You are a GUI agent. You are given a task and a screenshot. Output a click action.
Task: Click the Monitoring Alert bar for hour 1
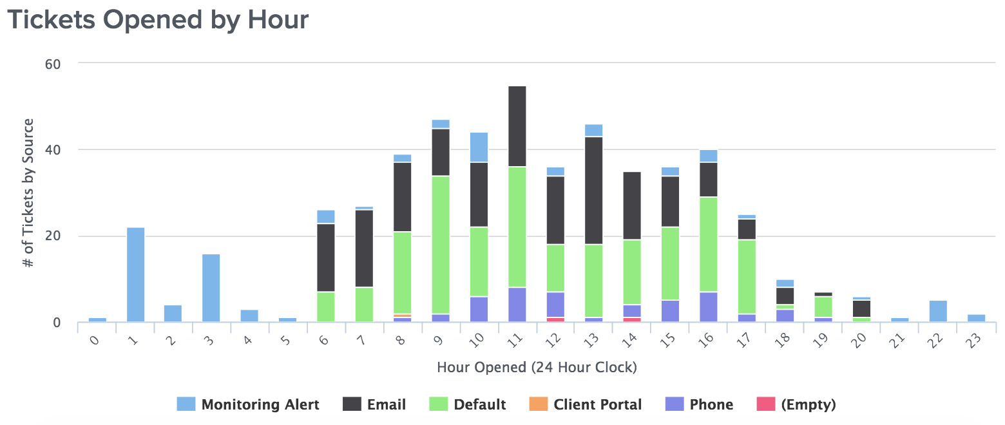(135, 274)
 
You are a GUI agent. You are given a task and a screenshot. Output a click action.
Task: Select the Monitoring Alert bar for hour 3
(211, 288)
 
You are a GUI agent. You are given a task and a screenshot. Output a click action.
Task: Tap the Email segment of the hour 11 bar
(517, 126)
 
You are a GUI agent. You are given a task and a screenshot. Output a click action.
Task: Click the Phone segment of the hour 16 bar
(709, 307)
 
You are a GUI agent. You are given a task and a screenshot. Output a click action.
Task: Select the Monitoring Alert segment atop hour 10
(479, 147)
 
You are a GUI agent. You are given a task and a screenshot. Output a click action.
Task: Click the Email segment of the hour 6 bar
(326, 258)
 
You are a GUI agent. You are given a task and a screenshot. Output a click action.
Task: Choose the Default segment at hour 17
(747, 277)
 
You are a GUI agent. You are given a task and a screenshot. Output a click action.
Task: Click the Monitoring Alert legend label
(260, 404)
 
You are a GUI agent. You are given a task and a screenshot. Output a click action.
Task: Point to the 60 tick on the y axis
(53, 64)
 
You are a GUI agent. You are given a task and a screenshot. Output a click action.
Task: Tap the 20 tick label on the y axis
(53, 236)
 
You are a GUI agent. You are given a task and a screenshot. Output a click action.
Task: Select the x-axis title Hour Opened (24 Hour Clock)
(537, 368)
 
